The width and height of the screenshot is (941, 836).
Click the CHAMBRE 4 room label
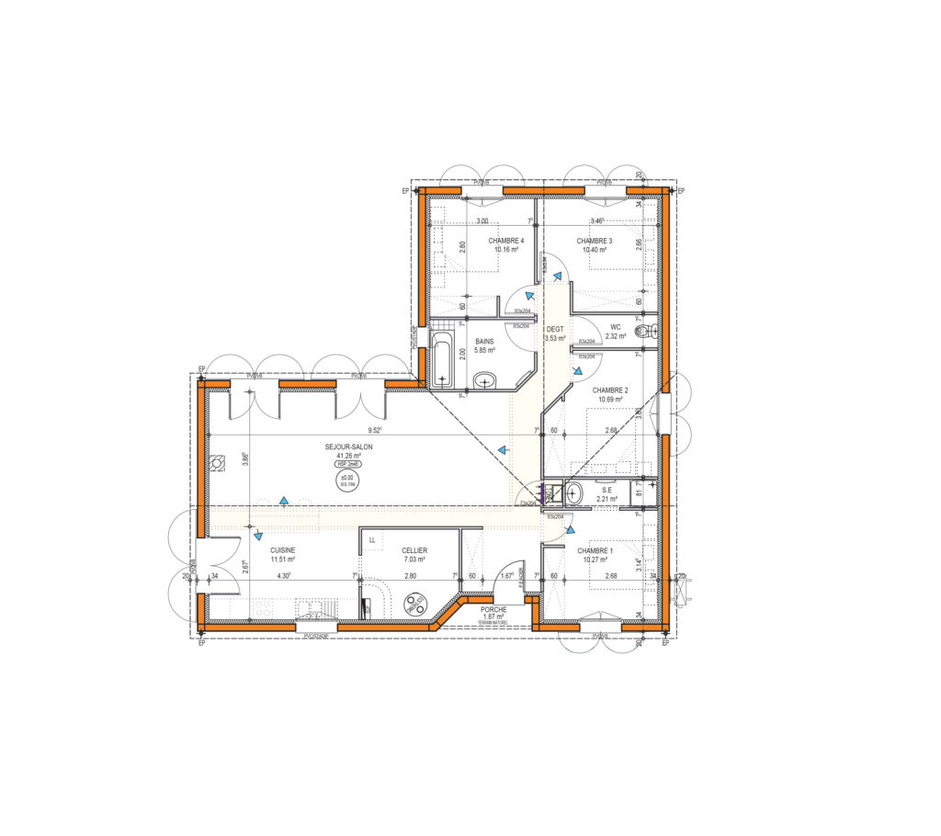(506, 241)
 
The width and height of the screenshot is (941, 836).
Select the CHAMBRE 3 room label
(595, 241)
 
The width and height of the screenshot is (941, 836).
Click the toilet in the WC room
(651, 332)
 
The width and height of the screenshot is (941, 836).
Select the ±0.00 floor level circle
(348, 480)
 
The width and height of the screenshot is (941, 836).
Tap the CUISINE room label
(282, 549)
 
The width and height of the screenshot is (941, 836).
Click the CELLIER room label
(414, 549)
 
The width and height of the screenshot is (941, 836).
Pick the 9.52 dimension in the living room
(374, 430)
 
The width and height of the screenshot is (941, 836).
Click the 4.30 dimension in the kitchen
(284, 576)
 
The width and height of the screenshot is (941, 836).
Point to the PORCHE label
(493, 609)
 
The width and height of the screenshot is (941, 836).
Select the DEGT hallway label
(555, 329)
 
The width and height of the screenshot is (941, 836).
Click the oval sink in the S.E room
(574, 493)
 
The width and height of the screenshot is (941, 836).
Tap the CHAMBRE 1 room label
(595, 549)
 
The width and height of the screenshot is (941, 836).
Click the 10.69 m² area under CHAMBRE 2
(610, 400)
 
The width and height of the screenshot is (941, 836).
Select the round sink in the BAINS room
(484, 379)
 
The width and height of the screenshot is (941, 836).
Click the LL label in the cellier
(372, 540)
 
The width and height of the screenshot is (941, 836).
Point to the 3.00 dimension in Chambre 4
(482, 221)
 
